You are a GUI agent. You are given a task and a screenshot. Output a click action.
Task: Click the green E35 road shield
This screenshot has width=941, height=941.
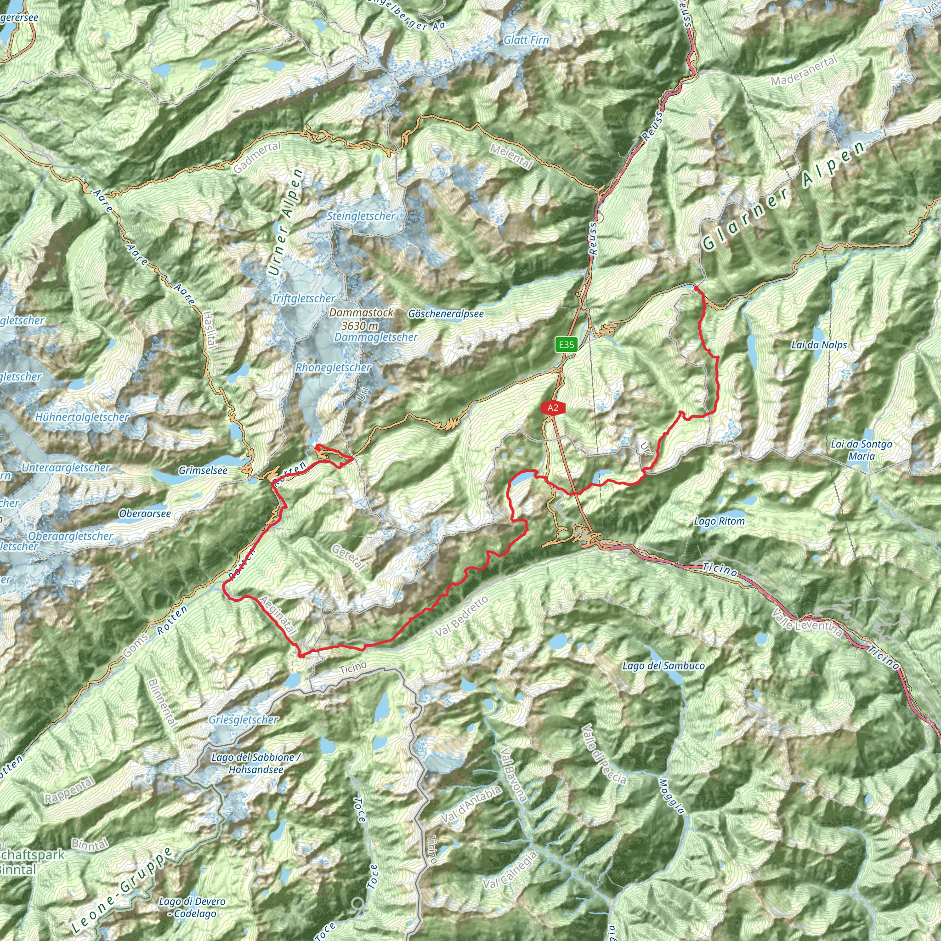(x=566, y=345)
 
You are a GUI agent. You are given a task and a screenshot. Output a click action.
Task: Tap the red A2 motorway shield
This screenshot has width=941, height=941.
(x=552, y=408)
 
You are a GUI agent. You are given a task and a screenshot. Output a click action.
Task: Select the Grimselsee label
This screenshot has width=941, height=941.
(x=203, y=470)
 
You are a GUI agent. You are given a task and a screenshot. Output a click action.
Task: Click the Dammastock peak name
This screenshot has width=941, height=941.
(x=361, y=313)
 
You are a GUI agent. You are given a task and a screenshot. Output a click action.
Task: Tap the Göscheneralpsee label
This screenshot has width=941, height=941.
(x=446, y=314)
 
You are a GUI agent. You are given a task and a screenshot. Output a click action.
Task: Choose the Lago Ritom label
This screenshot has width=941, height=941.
(x=719, y=521)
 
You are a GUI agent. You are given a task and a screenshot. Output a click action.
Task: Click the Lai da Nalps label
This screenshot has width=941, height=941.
(x=819, y=345)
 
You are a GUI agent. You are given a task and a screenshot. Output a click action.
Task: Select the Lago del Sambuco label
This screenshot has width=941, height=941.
(x=663, y=665)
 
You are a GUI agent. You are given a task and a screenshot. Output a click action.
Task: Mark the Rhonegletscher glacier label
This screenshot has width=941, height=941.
(x=333, y=367)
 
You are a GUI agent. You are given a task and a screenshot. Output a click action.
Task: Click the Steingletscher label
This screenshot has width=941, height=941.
(x=360, y=216)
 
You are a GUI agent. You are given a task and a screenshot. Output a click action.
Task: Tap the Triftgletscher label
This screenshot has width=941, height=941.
(x=303, y=299)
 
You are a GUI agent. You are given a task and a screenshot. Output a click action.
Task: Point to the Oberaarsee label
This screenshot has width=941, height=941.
(x=145, y=513)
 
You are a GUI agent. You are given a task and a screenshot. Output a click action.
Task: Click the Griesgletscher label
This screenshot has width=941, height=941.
(x=244, y=720)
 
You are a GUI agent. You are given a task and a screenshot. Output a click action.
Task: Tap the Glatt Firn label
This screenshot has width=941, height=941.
(x=526, y=40)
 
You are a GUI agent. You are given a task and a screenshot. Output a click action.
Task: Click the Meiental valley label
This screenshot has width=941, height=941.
(x=510, y=156)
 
